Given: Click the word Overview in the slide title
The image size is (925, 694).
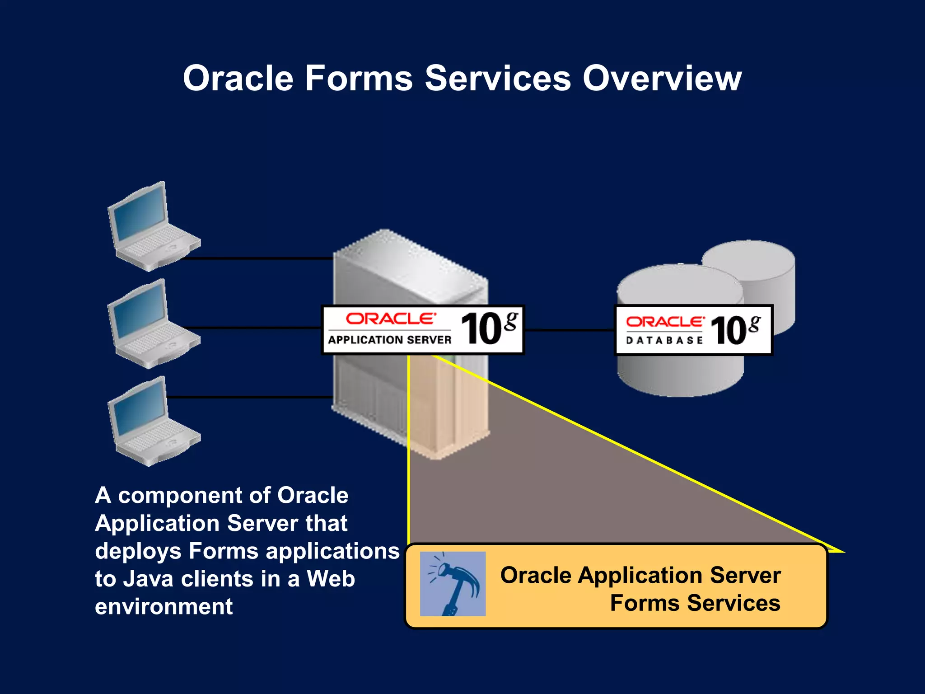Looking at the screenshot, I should tap(662, 78).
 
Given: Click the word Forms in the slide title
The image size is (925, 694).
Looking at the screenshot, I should tap(359, 78).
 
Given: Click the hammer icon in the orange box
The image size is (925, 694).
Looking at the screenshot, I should tap(453, 584).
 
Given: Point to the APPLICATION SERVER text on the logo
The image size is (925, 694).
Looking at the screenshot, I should tap(389, 340).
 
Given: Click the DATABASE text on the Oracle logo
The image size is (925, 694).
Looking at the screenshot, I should tap(664, 340).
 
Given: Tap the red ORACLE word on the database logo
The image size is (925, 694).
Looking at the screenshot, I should tap(664, 322).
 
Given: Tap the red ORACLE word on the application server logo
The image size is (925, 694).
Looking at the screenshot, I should tap(391, 319).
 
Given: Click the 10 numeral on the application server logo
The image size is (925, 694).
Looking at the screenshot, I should tap(481, 329).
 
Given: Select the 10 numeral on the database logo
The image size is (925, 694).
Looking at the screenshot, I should tap(729, 330).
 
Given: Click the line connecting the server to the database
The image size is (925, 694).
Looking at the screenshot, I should tap(569, 330).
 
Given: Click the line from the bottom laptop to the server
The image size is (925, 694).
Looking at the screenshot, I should tap(248, 397).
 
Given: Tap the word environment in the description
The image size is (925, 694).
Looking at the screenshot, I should tap(164, 606).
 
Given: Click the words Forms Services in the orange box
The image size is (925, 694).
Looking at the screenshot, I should tap(695, 603).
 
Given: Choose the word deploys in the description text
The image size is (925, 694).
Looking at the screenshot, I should tap(138, 551).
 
